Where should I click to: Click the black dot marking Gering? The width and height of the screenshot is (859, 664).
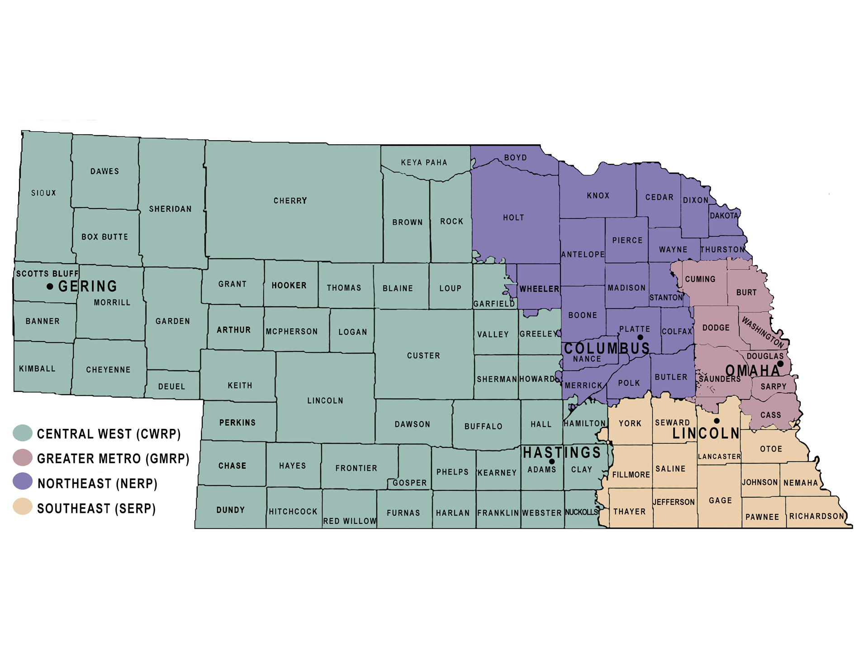coord(50,286)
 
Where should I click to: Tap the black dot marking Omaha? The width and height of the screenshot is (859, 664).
coord(780,364)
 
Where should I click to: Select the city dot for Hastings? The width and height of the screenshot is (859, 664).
coord(552,461)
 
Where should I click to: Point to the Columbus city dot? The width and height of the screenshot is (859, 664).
coord(640,337)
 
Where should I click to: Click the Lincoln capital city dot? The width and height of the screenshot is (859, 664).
coord(717,421)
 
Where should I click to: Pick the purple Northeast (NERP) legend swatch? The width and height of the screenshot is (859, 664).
coord(23,481)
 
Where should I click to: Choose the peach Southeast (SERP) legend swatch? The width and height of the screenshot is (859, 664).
coord(23,507)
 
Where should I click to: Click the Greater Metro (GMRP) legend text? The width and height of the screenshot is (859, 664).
coord(113,459)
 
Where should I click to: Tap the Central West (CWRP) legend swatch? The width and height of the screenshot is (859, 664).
coord(23,433)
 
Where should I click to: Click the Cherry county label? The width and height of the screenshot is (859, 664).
coord(290,200)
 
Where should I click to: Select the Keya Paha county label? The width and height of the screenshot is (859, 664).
coord(424,162)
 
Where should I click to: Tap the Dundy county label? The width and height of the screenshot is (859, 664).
coord(230,510)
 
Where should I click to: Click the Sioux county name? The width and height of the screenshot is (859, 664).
coord(43,193)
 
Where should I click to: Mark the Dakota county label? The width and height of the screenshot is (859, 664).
coord(724,216)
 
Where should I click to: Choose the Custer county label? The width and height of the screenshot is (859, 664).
coord(423,356)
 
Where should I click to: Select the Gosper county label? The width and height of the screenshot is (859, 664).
coord(409,483)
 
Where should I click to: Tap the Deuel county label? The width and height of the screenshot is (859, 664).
coord(171,386)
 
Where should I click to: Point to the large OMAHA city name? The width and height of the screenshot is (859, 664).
coord(753,371)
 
